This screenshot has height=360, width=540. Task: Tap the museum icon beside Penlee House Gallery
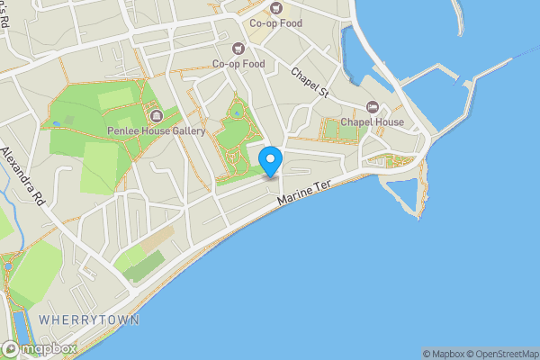pos(156,116)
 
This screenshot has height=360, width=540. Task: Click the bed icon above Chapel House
pos(372,106)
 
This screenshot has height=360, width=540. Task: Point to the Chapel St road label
pos(312,83)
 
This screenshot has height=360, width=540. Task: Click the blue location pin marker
pos(271,160)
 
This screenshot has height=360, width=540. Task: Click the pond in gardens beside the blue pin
pos(236,113)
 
